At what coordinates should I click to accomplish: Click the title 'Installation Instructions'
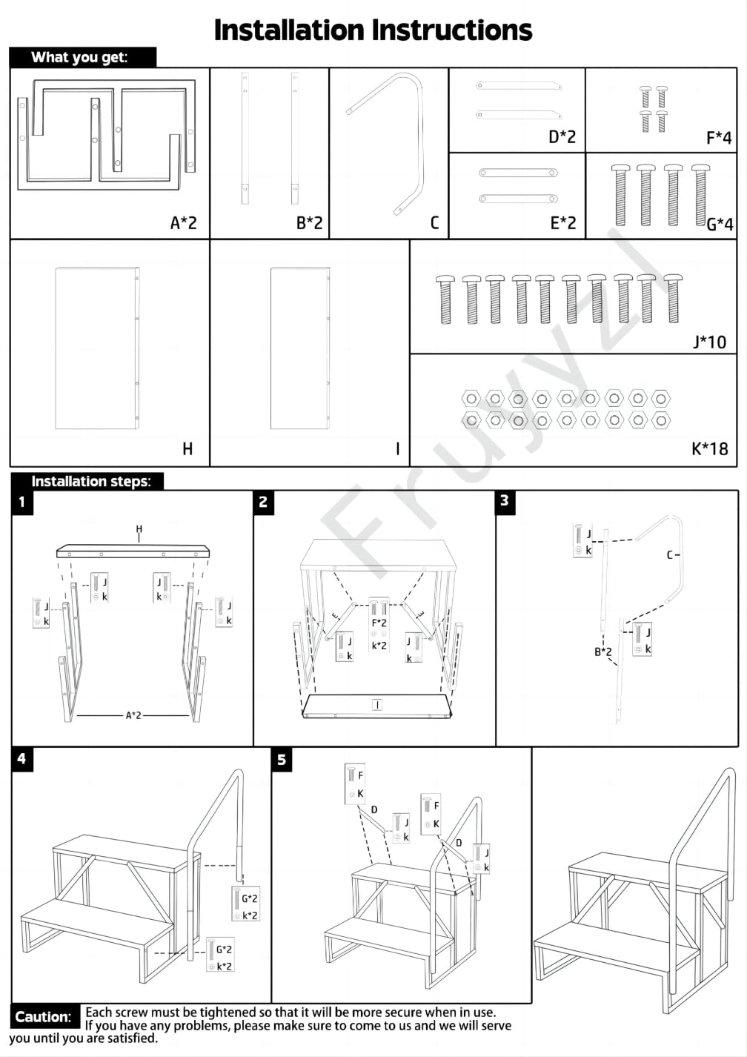click(x=373, y=30)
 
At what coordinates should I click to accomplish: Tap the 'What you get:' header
click(x=79, y=58)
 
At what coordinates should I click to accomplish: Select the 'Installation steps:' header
click(x=90, y=481)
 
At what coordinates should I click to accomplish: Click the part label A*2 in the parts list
click(x=184, y=222)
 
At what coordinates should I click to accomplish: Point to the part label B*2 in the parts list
click(x=309, y=222)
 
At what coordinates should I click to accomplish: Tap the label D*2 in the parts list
click(x=562, y=137)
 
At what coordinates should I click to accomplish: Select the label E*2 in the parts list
click(x=562, y=222)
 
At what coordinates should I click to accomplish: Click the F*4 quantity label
click(x=718, y=138)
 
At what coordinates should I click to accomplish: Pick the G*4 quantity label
click(x=720, y=224)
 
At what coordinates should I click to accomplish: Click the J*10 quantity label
click(x=709, y=342)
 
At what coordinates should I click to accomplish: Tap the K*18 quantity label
click(x=709, y=448)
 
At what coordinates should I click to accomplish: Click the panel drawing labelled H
click(x=97, y=348)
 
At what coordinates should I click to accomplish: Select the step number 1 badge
click(x=21, y=502)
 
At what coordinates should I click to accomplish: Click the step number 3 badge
click(x=505, y=500)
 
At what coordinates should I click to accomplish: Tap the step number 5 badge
click(x=282, y=760)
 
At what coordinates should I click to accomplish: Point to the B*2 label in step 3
click(x=603, y=652)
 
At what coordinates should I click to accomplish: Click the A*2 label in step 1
click(x=133, y=715)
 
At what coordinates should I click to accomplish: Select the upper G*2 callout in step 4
click(x=250, y=899)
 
